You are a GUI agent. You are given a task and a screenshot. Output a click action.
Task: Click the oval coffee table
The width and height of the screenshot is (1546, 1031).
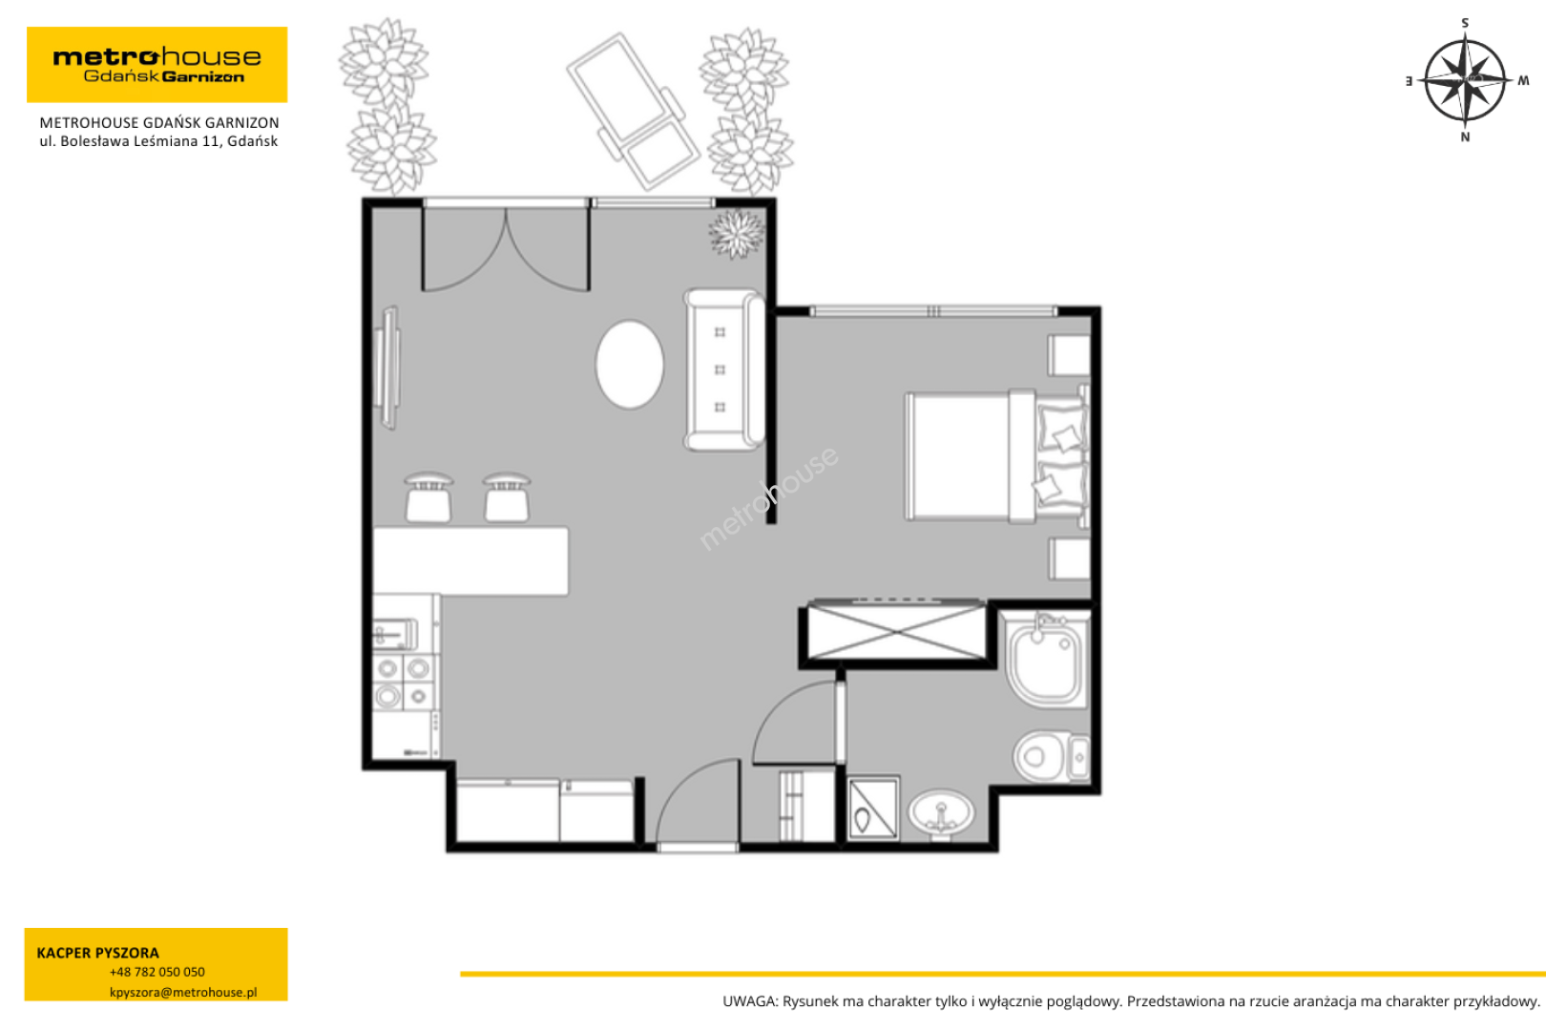(630, 364)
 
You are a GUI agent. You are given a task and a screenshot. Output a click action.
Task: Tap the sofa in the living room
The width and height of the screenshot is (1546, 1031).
(724, 369)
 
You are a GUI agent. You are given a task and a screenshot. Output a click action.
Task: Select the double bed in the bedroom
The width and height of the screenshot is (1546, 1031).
(996, 455)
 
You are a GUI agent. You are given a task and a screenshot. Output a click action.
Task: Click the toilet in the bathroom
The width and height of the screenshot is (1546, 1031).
(1051, 757)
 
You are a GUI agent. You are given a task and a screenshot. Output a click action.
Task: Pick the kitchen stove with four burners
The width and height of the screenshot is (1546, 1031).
(403, 683)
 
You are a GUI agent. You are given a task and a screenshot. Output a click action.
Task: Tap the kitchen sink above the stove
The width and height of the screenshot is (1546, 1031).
(395, 633)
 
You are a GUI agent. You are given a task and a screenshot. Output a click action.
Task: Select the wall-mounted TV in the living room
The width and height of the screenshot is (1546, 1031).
(387, 368)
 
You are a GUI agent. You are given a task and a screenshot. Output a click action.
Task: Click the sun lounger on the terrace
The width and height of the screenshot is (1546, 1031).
(633, 111)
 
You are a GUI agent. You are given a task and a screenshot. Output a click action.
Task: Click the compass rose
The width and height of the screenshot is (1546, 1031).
(1465, 81)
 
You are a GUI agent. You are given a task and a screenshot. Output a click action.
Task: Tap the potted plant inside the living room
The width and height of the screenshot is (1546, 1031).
(737, 234)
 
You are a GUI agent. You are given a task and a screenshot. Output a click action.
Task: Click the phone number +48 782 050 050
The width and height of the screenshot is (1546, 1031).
(157, 972)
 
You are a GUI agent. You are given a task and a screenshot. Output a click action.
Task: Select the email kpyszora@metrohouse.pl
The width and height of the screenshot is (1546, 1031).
(183, 992)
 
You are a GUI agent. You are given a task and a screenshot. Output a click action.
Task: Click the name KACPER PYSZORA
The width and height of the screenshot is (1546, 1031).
(98, 953)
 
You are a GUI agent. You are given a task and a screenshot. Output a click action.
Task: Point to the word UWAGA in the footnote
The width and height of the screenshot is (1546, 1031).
(749, 1001)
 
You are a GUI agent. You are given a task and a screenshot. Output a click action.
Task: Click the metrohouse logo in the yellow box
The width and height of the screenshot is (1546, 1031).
(157, 65)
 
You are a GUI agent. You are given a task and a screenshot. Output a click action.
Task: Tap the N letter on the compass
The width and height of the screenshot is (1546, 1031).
(1465, 137)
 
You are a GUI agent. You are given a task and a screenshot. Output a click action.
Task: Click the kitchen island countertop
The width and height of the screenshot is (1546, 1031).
(470, 560)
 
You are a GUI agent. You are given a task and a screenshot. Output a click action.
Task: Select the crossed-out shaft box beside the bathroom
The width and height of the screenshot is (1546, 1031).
(897, 632)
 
